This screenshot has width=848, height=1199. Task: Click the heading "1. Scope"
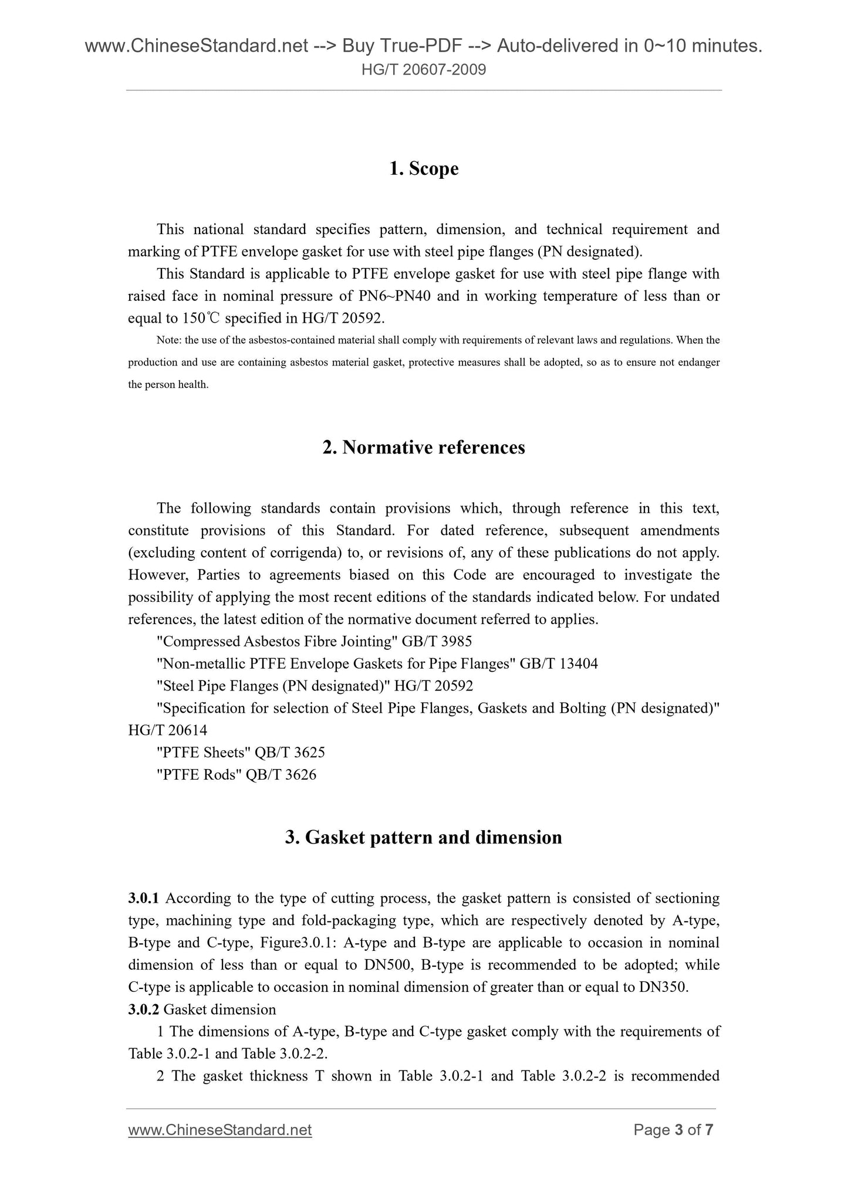coord(424,169)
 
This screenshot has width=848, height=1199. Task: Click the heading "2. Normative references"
coord(424,448)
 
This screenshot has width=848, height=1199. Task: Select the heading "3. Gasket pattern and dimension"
coord(424,837)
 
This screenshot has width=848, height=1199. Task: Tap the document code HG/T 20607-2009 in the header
coord(424,70)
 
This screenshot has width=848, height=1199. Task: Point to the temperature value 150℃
coord(201,319)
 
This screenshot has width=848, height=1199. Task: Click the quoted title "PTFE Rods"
coord(200,775)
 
